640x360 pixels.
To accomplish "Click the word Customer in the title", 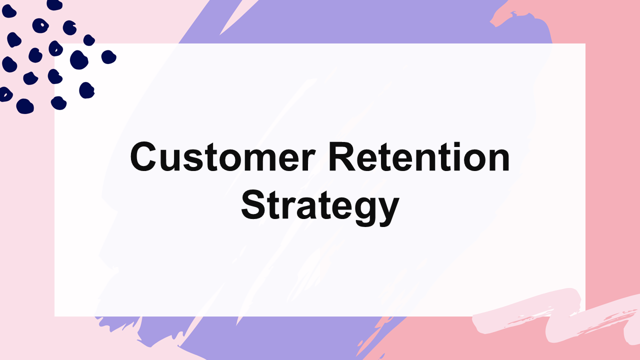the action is [x=223, y=156].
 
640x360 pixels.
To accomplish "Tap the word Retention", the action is [x=419, y=156].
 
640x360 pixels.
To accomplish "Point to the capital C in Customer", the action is [x=143, y=156].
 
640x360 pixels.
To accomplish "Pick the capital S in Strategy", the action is [x=253, y=204].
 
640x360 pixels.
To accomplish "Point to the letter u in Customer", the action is [x=170, y=160].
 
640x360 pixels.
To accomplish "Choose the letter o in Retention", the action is [x=475, y=160].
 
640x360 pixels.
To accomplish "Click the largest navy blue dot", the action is [x=79, y=59].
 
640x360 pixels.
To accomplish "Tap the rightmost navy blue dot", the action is [x=108, y=57].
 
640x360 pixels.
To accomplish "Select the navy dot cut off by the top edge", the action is [x=54, y=4].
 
